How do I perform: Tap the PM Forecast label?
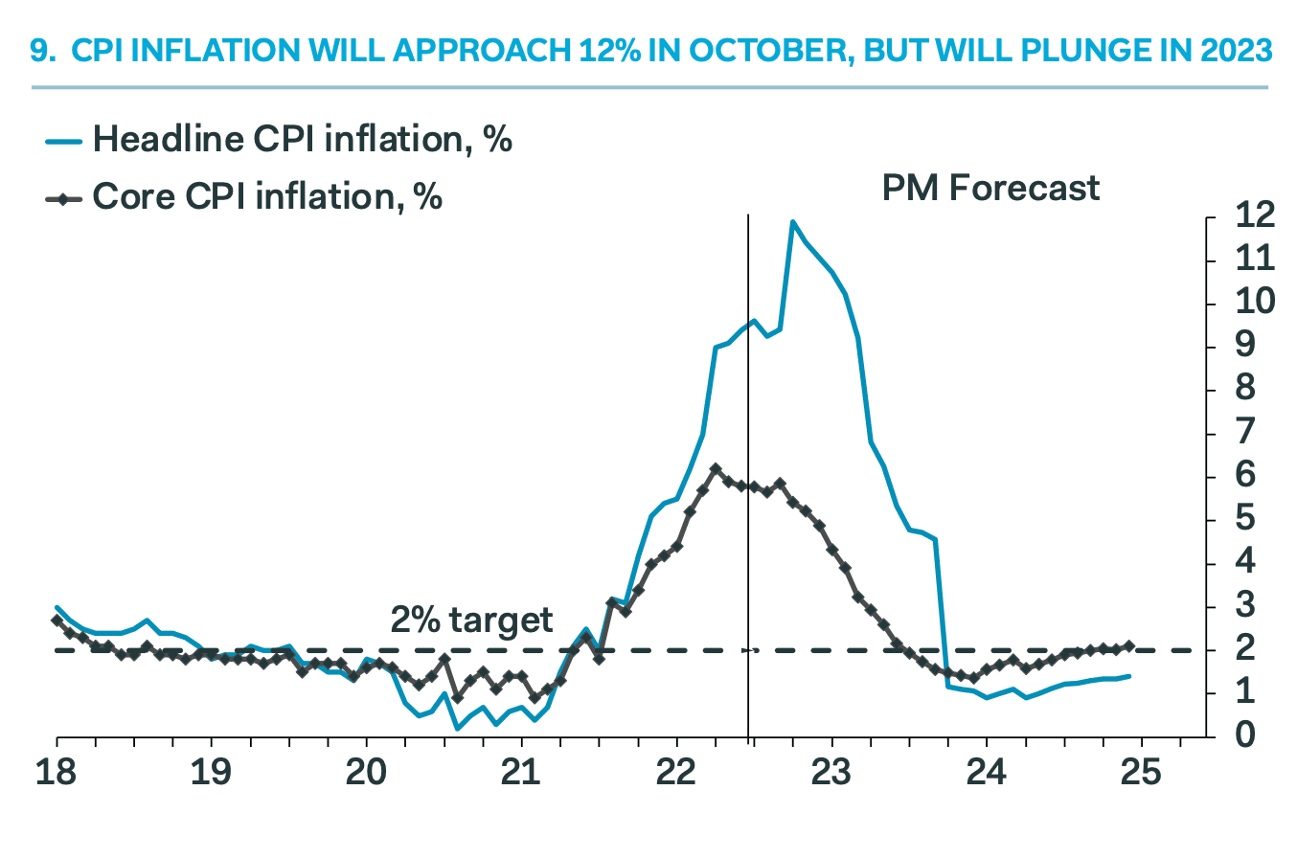click(990, 188)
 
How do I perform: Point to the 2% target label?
click(471, 620)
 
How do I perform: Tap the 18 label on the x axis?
click(57, 772)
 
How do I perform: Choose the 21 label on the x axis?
click(521, 772)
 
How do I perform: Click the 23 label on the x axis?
click(831, 772)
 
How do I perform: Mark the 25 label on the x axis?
click(1141, 772)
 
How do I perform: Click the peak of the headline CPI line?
click(792, 221)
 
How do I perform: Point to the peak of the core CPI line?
click(715, 468)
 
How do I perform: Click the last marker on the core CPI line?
click(1129, 646)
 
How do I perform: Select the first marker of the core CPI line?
click(57, 621)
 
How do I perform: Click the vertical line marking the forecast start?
click(747, 431)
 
